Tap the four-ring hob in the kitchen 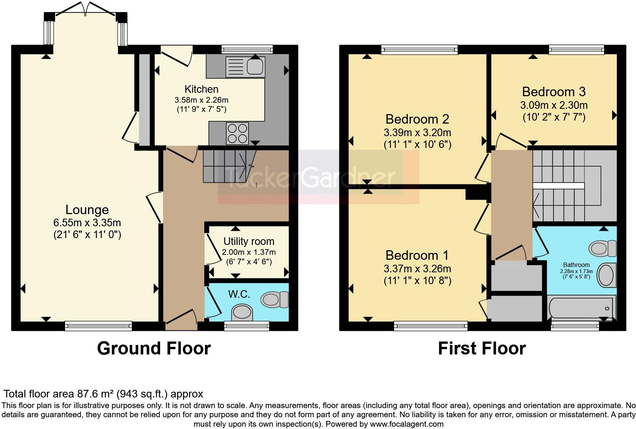pyautogui.click(x=237, y=133)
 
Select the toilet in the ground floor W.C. pyautogui.click(x=275, y=299)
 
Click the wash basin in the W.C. pyautogui.click(x=242, y=313)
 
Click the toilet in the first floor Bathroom pyautogui.click(x=603, y=249)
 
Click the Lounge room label pyautogui.click(x=87, y=210)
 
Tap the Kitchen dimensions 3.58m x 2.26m pyautogui.click(x=201, y=100)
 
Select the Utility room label pyautogui.click(x=249, y=242)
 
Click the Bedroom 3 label pyautogui.click(x=553, y=92)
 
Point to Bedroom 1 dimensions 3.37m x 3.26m pyautogui.click(x=417, y=269)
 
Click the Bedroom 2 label pyautogui.click(x=417, y=119)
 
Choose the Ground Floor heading pyautogui.click(x=154, y=348)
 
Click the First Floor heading pyautogui.click(x=482, y=348)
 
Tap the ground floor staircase pyautogui.click(x=228, y=165)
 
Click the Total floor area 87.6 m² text pyautogui.click(x=103, y=394)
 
